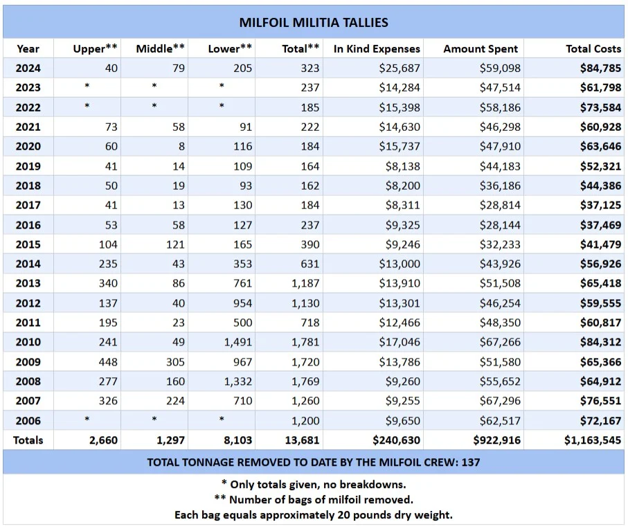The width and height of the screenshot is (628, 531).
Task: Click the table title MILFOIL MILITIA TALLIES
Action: pyautogui.click(x=314, y=22)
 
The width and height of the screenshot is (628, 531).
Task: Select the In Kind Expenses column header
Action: pyautogui.click(x=377, y=48)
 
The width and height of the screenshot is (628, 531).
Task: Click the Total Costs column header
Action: pyautogui.click(x=593, y=48)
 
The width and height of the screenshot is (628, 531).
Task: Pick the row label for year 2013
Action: pyautogui.click(x=28, y=283)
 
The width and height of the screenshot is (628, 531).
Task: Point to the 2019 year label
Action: pyautogui.click(x=28, y=166)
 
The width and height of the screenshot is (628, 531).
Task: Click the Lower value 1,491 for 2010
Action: pyautogui.click(x=237, y=342)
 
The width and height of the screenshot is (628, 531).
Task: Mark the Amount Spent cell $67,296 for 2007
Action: pyautogui.click(x=500, y=401)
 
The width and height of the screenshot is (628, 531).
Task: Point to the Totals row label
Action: pyautogui.click(x=28, y=440)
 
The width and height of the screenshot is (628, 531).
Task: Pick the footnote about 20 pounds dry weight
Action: pyautogui.click(x=314, y=514)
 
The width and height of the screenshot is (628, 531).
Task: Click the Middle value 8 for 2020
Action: pyautogui.click(x=181, y=147)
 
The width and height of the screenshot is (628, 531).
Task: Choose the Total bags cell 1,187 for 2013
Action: pyautogui.click(x=305, y=283)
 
